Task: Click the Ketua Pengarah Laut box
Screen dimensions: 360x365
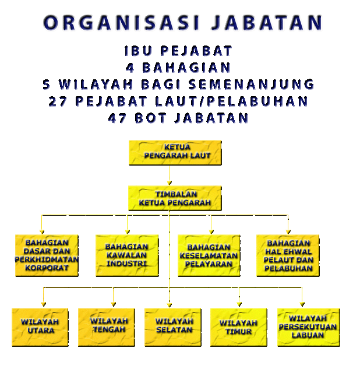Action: [x=175, y=153]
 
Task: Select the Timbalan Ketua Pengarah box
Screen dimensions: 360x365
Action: [x=175, y=198]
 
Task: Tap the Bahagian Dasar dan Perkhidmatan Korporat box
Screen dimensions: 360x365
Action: [x=47, y=255]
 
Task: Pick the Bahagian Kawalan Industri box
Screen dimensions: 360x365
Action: [x=127, y=255]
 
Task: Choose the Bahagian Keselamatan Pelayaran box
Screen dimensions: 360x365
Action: [x=209, y=255]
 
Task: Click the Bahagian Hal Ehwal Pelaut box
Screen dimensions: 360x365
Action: [x=288, y=255]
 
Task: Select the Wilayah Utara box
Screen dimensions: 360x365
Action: [x=40, y=327]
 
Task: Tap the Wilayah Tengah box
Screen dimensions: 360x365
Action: [x=107, y=327]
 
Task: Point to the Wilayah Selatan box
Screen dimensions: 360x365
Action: [x=173, y=327]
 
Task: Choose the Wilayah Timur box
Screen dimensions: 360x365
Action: [x=239, y=327]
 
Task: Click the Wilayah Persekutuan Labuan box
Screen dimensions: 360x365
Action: [x=309, y=327]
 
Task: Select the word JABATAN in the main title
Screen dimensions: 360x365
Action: [x=267, y=23]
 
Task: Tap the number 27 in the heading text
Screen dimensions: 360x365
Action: [x=58, y=101]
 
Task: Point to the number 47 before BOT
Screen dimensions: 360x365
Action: [x=118, y=118]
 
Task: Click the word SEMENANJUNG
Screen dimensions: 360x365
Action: [x=252, y=85]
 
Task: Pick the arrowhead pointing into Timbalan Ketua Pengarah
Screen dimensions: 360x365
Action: [x=170, y=183]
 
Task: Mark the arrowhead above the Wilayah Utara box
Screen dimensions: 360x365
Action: [x=44, y=304]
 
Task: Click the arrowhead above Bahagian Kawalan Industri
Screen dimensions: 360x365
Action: [x=127, y=231]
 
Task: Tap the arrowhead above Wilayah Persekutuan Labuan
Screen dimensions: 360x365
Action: [x=302, y=304]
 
